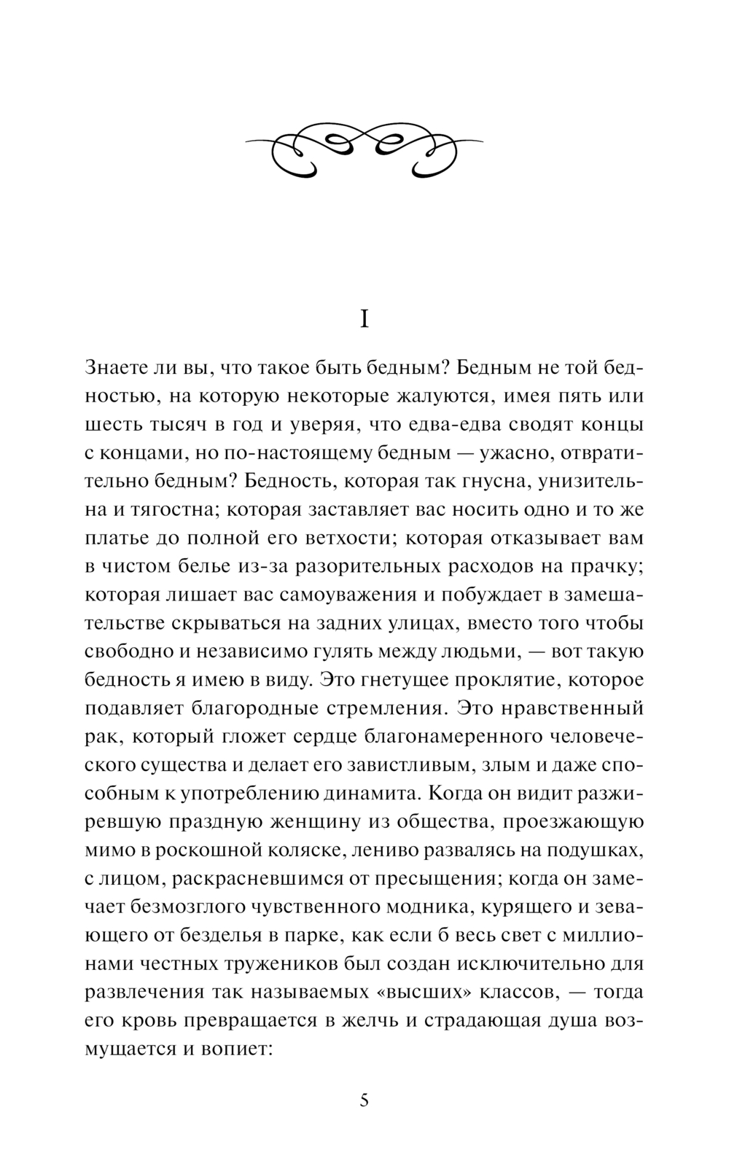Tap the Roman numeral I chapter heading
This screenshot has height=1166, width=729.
(364, 319)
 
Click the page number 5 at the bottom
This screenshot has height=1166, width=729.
(364, 1100)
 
